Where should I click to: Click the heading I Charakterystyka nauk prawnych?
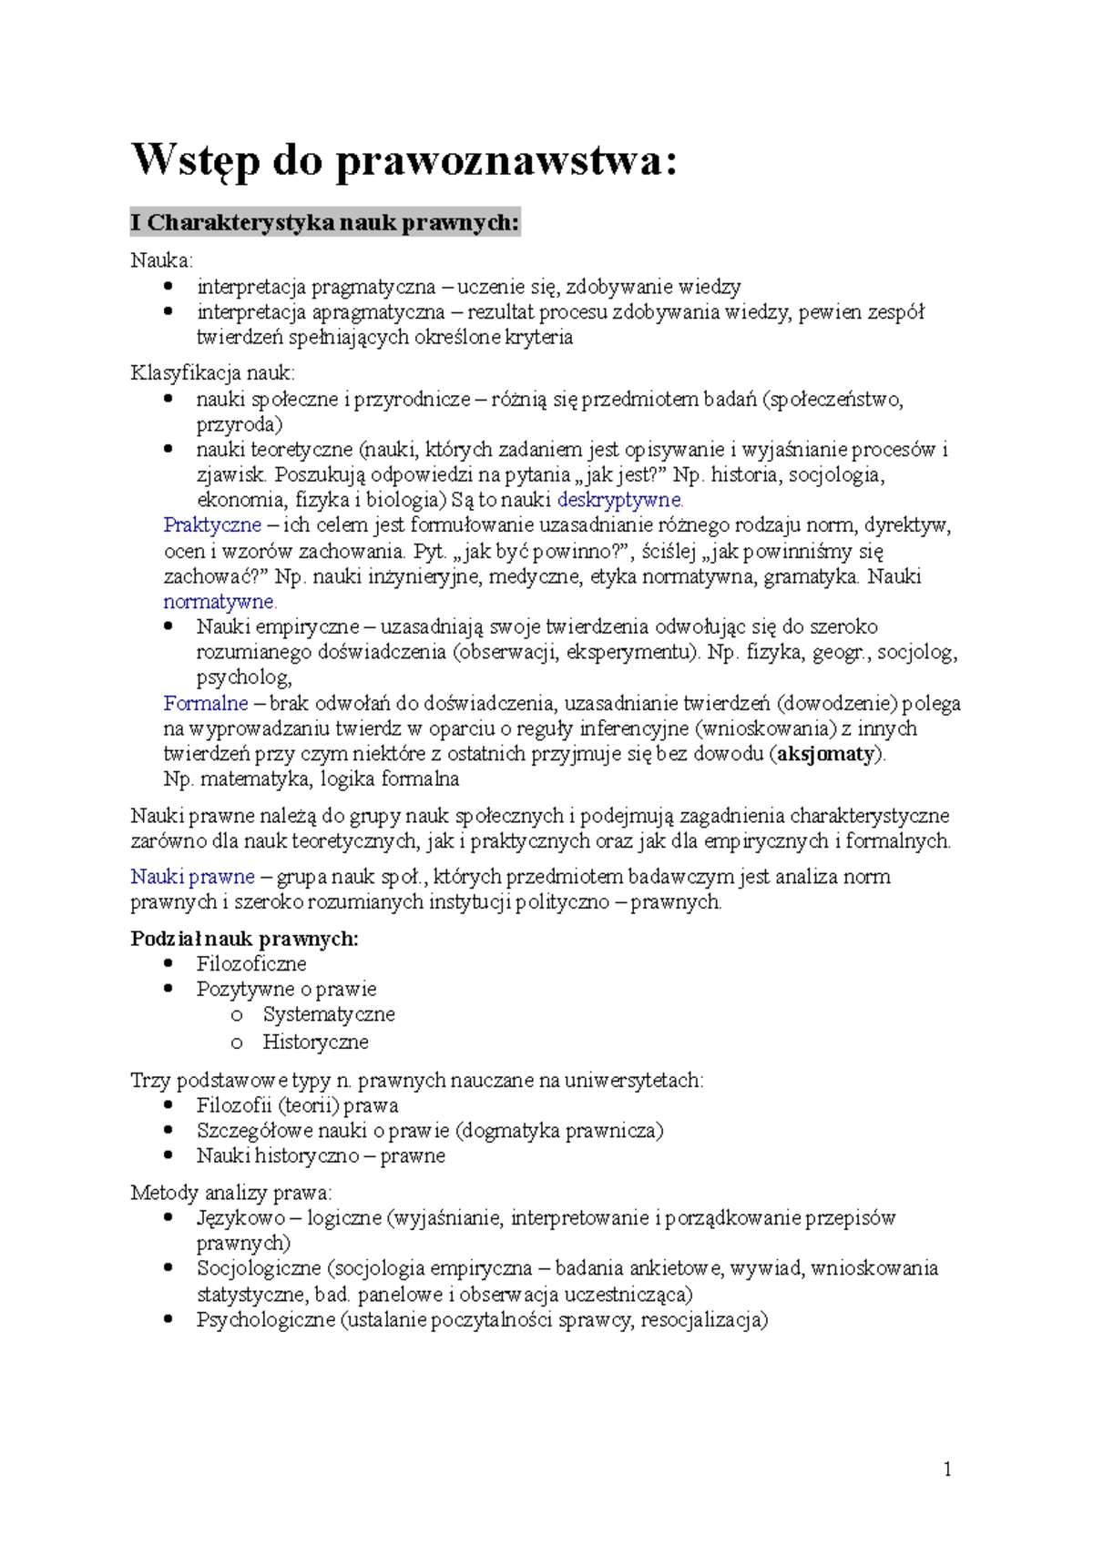coord(325,222)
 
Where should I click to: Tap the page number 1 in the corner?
coord(947,1469)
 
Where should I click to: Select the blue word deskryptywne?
coord(619,500)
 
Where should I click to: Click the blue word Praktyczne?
coord(212,525)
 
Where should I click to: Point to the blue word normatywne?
coord(220,602)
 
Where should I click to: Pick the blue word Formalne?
coord(206,704)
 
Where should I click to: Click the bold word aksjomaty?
coord(825,754)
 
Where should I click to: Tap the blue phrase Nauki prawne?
coord(192,877)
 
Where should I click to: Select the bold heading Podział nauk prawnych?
coord(244,939)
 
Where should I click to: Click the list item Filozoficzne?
coord(251,964)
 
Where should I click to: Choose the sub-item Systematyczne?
coord(329,1014)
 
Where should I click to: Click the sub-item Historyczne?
coord(315,1042)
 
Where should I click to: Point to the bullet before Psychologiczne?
coord(168,1319)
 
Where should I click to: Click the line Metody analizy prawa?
coord(231,1193)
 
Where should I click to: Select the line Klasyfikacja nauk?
coord(212,373)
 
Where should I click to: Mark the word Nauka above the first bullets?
coord(161,261)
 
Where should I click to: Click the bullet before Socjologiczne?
coord(168,1267)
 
